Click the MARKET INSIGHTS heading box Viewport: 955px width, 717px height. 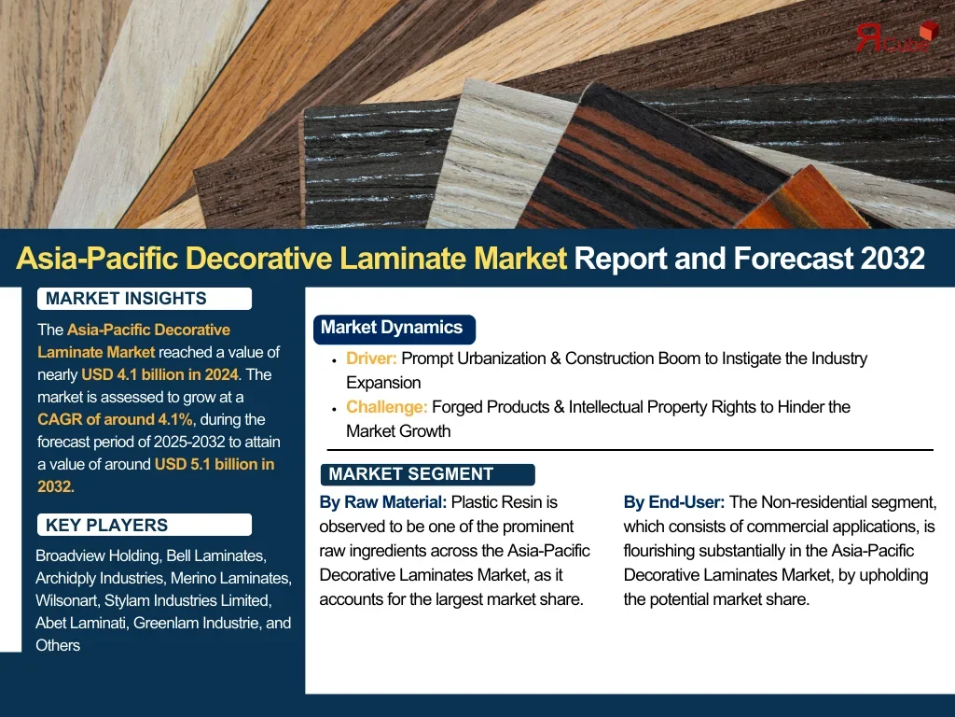[145, 298]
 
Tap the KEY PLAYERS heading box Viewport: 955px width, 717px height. [145, 525]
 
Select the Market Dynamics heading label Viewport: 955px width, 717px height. [394, 329]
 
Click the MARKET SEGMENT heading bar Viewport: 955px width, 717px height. [427, 474]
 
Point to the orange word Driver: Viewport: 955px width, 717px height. [371, 358]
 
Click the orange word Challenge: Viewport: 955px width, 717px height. [387, 407]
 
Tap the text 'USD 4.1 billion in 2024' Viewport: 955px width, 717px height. [160, 374]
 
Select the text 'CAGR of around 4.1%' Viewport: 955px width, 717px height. [115, 419]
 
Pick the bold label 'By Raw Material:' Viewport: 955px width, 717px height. [383, 502]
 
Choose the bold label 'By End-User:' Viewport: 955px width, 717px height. [674, 502]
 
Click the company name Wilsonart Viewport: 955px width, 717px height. [66, 600]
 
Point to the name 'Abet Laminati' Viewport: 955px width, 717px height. [80, 623]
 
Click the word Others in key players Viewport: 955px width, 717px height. [58, 645]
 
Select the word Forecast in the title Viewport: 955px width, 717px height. [793, 258]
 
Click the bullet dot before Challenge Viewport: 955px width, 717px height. [335, 409]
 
